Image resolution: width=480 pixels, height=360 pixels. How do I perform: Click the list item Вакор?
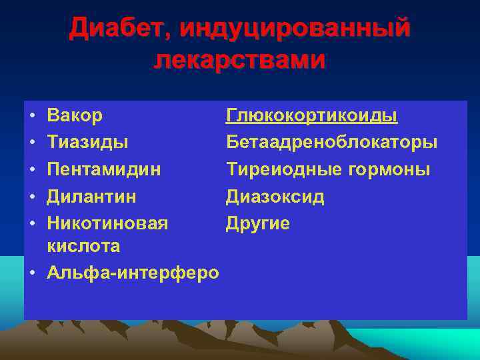tap(75, 115)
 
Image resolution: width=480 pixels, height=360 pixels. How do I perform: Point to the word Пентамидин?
tap(103, 169)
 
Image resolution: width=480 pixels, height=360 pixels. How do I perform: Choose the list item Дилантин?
tap(91, 196)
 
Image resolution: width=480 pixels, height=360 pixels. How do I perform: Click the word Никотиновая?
tap(107, 223)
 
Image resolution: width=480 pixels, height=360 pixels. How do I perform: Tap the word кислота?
tap(83, 246)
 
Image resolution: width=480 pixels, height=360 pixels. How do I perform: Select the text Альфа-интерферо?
tap(133, 273)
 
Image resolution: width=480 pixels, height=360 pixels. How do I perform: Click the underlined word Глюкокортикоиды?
tap(312, 115)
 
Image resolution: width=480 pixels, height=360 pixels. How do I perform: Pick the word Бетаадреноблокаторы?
tap(332, 142)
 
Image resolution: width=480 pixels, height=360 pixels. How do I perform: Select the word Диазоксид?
tap(275, 196)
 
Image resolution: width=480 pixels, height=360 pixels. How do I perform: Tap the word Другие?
tap(258, 223)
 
